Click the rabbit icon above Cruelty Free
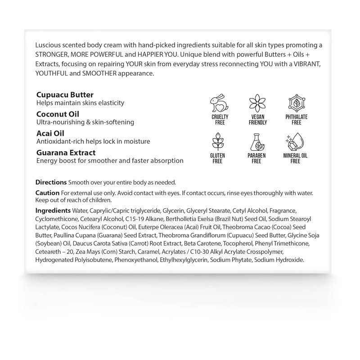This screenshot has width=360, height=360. (x=220, y=103)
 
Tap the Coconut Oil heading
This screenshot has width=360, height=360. (x=58, y=114)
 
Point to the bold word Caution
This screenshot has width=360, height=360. (x=47, y=193)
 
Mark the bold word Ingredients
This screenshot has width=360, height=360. (x=53, y=211)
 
